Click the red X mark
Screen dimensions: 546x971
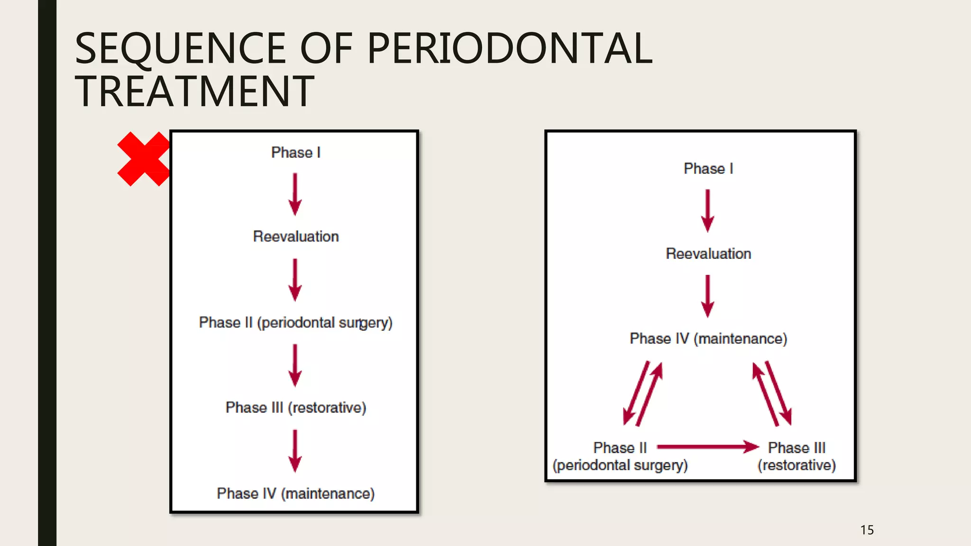143,159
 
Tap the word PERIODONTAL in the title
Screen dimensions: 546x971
510,48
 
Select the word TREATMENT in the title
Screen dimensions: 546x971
194,91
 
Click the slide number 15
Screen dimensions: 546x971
867,530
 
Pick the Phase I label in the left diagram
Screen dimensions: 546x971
296,153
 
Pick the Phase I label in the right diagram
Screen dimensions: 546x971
708,169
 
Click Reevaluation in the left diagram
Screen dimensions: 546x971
296,237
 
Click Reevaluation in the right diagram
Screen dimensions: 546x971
708,254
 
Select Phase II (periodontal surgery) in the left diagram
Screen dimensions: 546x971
296,323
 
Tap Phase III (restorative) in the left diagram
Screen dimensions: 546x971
296,408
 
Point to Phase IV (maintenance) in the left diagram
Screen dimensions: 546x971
296,493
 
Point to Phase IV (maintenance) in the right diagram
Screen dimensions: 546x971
708,339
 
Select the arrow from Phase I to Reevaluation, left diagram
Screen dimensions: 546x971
295,194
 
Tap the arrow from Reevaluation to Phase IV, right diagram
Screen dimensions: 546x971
707,296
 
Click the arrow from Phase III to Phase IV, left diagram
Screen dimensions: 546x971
295,451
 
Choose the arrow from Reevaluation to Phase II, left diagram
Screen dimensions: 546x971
295,280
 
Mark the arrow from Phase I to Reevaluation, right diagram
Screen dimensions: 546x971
707,210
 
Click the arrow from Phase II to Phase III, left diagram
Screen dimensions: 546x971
295,365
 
